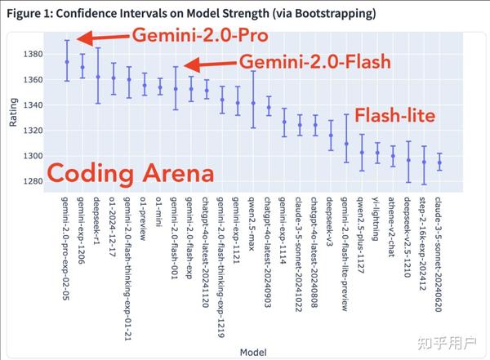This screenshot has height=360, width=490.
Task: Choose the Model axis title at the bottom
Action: pos(252,351)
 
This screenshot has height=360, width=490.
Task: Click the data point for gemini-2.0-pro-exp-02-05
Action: pos(67,62)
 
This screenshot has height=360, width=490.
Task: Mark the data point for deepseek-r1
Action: pos(98,77)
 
